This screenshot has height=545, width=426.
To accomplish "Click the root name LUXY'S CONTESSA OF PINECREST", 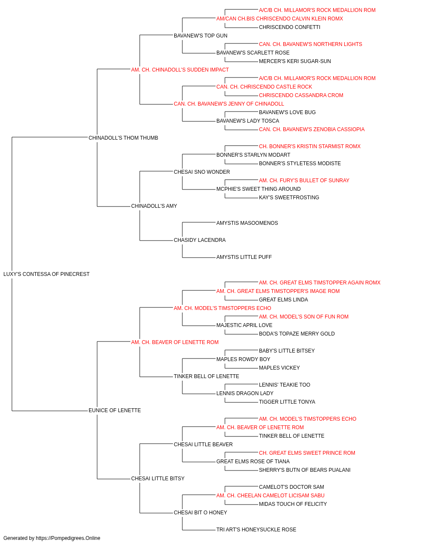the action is [x=46, y=274].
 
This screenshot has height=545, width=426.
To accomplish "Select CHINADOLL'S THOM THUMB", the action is [x=123, y=138].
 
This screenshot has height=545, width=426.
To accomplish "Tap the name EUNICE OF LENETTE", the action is [x=115, y=410].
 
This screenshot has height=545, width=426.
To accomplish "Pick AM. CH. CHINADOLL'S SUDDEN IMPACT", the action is [x=180, y=70].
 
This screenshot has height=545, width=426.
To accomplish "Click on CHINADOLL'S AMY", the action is [x=154, y=206].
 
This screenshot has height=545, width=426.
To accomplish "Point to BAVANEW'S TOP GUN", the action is [x=201, y=36].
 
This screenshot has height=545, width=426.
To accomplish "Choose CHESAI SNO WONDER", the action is [x=201, y=172].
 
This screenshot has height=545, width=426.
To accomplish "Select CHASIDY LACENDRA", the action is [x=200, y=240].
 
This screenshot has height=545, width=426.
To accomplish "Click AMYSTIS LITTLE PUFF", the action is [x=244, y=257].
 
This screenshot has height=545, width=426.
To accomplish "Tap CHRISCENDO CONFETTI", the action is [x=290, y=27].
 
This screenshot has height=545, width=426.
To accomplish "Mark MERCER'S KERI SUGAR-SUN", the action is [x=295, y=61].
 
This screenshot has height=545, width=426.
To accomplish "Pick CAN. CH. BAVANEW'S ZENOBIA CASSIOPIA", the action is [x=311, y=129].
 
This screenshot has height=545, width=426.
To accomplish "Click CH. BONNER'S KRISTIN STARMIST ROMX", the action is [x=310, y=146].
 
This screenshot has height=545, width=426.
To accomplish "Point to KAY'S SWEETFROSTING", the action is [x=289, y=198].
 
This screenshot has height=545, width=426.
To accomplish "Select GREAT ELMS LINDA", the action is [x=283, y=300].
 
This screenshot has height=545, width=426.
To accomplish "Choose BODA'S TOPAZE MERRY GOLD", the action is [x=297, y=334].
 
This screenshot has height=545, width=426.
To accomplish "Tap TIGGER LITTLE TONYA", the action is [x=287, y=402].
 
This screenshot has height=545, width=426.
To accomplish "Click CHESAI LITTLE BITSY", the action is [x=158, y=479].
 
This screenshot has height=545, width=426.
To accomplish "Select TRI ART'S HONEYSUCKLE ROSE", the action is [x=256, y=529].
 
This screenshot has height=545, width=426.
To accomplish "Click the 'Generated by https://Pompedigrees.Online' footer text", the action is [x=52, y=538].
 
